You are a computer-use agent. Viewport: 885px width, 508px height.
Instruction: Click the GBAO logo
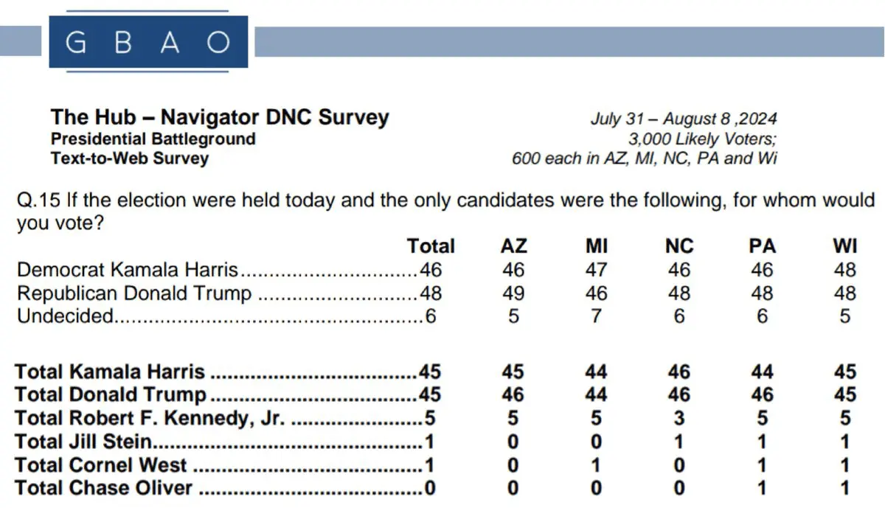click(x=148, y=43)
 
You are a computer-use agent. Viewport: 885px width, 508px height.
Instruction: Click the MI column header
click(x=596, y=246)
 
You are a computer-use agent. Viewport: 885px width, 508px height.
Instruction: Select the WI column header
click(x=844, y=246)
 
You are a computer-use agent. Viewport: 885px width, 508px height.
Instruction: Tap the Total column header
click(x=431, y=246)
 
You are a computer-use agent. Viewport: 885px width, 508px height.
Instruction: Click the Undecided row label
click(x=66, y=316)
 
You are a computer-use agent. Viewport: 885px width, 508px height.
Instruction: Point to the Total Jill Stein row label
click(x=83, y=442)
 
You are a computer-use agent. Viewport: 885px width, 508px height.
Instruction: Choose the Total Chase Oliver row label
click(x=103, y=487)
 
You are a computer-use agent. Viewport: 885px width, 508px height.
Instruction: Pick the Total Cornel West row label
click(x=100, y=465)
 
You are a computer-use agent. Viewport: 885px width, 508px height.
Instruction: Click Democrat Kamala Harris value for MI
click(x=596, y=270)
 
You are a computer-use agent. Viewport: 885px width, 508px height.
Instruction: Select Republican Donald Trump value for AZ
click(x=513, y=293)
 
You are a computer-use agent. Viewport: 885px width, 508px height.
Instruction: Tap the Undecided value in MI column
click(x=596, y=316)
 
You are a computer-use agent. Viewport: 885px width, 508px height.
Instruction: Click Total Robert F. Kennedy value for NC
click(x=678, y=419)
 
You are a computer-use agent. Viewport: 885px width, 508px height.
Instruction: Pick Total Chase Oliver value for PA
click(x=762, y=487)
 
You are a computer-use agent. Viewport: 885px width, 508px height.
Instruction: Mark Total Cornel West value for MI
click(x=596, y=465)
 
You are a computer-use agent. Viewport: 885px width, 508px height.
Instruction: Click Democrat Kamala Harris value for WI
click(x=844, y=270)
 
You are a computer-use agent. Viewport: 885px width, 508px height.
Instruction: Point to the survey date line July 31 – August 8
click(x=684, y=119)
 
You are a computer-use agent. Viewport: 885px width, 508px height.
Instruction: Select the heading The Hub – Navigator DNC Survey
click(x=219, y=117)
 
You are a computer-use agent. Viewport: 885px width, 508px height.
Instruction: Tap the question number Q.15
click(x=38, y=201)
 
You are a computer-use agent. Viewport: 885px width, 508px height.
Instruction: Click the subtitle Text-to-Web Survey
click(x=129, y=158)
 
